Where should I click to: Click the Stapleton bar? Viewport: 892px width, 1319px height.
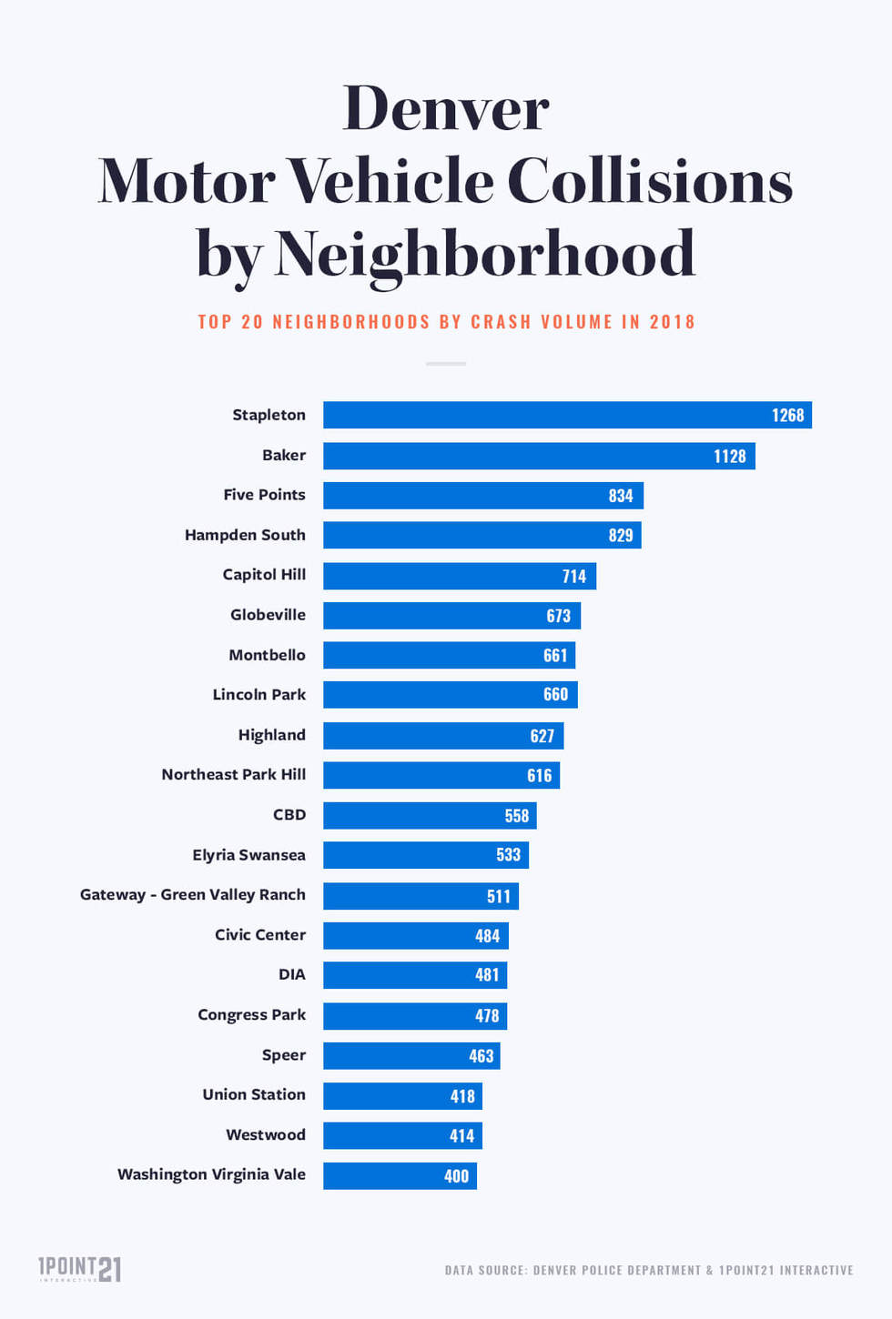click(x=566, y=415)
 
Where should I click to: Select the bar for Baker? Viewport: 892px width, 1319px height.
click(x=539, y=456)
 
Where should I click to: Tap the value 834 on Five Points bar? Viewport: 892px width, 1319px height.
click(x=621, y=496)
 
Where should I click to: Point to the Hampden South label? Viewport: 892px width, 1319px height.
click(x=245, y=535)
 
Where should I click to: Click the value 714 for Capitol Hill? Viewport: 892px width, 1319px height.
click(x=574, y=576)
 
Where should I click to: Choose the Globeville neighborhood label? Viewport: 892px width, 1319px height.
click(x=268, y=615)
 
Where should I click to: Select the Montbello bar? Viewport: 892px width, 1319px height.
click(x=449, y=655)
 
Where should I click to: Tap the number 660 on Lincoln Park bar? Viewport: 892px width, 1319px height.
click(x=555, y=695)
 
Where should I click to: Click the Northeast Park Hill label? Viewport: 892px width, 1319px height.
click(x=233, y=774)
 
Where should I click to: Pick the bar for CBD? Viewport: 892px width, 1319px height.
click(x=430, y=815)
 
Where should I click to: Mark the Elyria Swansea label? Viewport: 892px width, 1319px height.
click(x=248, y=855)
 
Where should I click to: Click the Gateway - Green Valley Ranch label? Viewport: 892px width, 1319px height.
click(x=192, y=895)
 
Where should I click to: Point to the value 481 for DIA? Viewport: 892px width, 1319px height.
click(x=487, y=975)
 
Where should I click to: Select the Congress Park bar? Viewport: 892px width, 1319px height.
click(x=414, y=1015)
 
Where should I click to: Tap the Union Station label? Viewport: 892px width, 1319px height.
click(x=254, y=1094)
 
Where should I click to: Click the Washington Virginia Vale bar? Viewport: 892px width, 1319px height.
click(x=400, y=1175)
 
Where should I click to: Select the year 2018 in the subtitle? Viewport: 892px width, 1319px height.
click(x=672, y=322)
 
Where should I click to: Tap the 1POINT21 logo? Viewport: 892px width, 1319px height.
click(x=79, y=1268)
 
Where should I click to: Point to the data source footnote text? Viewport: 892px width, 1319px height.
click(x=649, y=1270)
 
